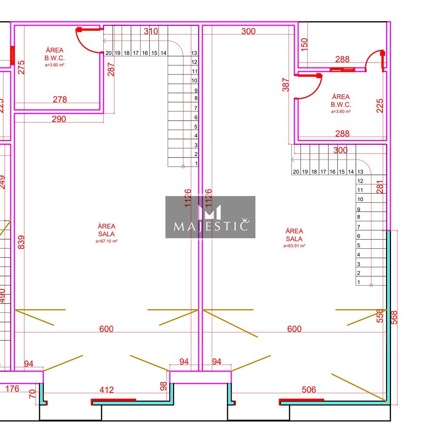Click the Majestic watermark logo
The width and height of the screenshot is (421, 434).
210,217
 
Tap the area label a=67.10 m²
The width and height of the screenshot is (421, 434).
106,241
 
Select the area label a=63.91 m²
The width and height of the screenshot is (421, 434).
294,246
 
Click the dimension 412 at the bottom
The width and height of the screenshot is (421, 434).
107,390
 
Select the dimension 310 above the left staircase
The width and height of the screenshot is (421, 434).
151,31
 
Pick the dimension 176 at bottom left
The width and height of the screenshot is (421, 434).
12,388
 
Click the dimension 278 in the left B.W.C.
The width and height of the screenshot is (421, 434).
60,99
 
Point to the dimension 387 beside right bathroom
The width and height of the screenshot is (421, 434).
285,85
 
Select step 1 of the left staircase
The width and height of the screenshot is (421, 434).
196,163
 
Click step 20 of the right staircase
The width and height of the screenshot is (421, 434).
296,172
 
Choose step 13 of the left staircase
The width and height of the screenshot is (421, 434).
194,53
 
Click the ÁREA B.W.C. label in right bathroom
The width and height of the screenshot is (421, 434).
341,101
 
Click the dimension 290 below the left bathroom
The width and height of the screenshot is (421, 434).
59,119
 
